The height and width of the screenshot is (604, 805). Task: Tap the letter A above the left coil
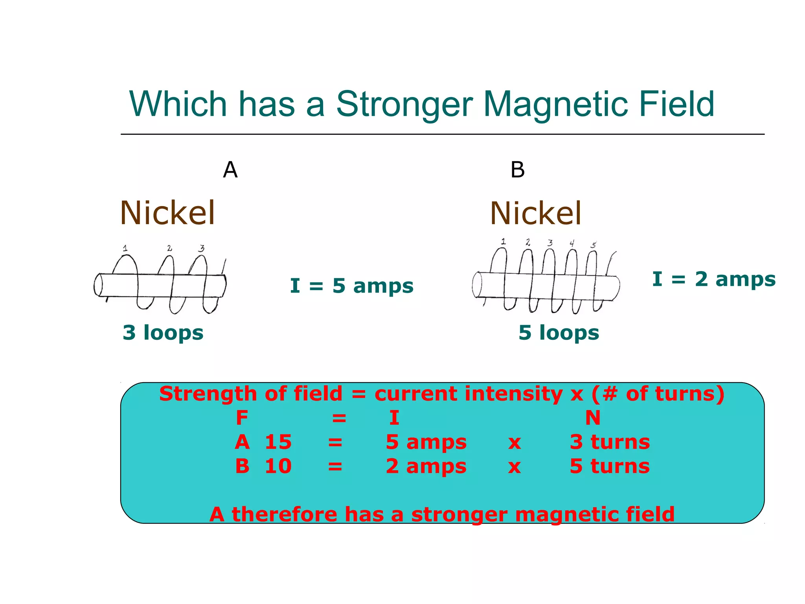230,170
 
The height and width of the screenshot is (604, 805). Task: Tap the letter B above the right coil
517,170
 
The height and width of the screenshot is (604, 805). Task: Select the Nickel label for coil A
167,213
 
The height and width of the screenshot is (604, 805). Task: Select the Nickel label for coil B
535,214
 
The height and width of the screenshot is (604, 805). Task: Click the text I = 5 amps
351,286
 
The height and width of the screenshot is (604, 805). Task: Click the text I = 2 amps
713,279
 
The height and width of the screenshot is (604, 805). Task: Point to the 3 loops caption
163,333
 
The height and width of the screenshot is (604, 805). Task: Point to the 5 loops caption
559,333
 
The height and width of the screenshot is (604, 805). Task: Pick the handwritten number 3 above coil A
201,248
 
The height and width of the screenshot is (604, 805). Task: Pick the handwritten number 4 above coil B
572,243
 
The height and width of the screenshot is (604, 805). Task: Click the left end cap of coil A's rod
98,285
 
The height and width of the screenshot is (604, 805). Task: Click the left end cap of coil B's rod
477,284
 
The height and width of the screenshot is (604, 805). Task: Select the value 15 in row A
278,442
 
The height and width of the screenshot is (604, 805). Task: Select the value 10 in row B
278,466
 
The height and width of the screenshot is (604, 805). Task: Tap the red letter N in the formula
593,418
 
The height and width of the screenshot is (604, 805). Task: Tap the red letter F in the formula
242,418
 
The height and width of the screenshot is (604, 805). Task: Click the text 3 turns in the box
610,442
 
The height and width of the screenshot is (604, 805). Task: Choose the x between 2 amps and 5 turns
515,467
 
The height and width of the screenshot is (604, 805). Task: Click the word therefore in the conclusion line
284,514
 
